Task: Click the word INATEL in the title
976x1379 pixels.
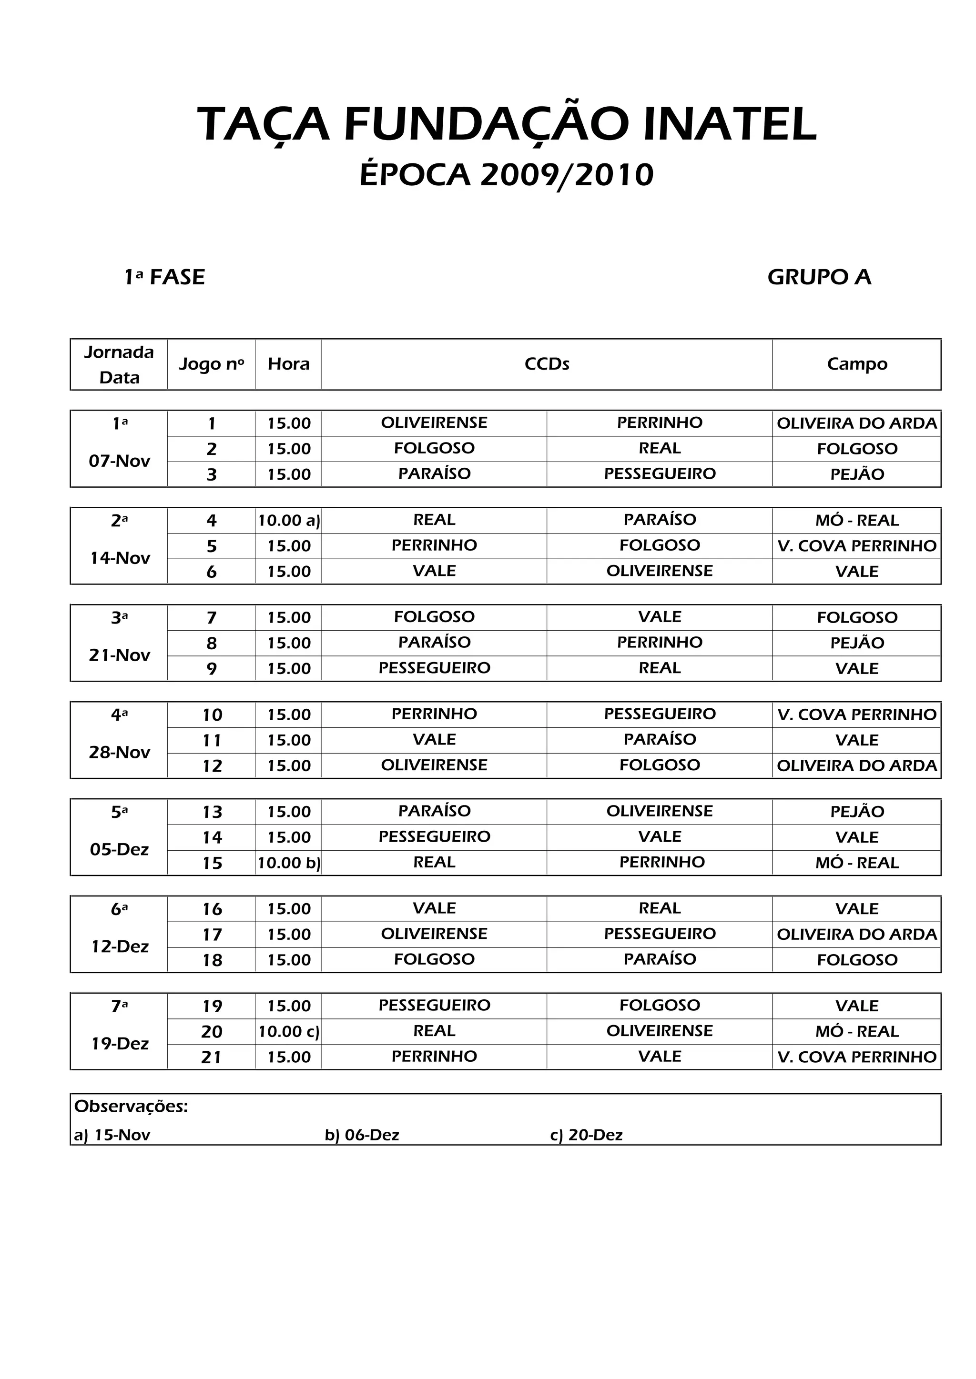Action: (x=730, y=124)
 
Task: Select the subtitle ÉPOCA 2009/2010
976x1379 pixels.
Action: (x=506, y=175)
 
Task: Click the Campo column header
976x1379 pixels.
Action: (x=856, y=364)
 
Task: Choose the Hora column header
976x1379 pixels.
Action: (x=288, y=364)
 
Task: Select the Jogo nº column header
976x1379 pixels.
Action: (x=211, y=364)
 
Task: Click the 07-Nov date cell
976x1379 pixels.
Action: (x=119, y=461)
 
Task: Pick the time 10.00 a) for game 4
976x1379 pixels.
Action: (x=288, y=521)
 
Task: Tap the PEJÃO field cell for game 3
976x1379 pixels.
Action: (x=856, y=474)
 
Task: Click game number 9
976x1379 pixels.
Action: (x=211, y=668)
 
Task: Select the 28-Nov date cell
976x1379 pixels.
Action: (x=119, y=752)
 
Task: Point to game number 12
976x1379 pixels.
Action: (x=212, y=766)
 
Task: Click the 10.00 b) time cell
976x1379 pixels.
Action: (x=288, y=863)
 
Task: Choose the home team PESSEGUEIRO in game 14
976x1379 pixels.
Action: (x=434, y=836)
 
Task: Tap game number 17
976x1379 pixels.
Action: (x=212, y=935)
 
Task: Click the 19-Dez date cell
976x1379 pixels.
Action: (x=120, y=1043)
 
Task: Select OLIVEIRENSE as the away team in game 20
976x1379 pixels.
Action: (x=659, y=1031)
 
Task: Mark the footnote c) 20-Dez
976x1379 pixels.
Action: (x=586, y=1135)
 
